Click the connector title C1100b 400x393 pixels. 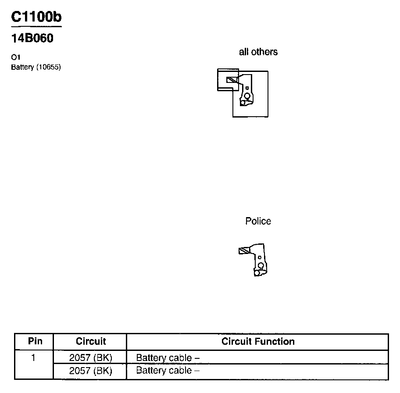point(36,17)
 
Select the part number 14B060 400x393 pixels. point(32,39)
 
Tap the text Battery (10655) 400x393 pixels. point(36,67)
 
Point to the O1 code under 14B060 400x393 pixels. point(16,57)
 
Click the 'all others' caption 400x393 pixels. point(258,52)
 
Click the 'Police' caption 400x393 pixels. point(258,221)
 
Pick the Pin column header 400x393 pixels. point(35,341)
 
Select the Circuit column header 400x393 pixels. point(91,341)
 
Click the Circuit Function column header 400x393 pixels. point(258,341)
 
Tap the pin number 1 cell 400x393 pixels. point(33,357)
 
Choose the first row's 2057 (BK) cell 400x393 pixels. point(91,357)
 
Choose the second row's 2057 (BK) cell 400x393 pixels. point(91,371)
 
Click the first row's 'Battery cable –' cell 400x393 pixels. point(168,357)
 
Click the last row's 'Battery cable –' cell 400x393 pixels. point(168,371)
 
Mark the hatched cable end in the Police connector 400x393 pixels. point(243,251)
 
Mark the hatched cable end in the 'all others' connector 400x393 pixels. point(231,80)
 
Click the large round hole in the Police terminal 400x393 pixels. point(261,265)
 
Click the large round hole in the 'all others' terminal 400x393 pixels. point(247,96)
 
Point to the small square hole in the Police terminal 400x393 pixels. point(260,257)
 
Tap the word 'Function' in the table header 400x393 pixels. point(277,341)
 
